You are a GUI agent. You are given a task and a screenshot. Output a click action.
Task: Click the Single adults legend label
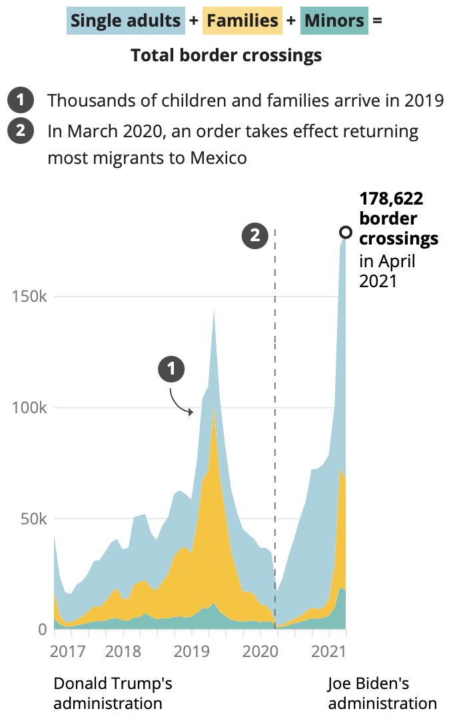(125, 21)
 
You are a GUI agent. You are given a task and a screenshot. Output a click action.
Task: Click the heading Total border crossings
(226, 55)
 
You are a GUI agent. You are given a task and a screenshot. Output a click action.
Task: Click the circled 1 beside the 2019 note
(21, 101)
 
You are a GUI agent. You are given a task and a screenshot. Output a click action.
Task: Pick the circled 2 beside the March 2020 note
(21, 131)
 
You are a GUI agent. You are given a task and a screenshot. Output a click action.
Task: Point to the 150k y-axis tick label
(29, 297)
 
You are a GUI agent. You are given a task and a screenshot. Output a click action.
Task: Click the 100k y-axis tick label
(29, 408)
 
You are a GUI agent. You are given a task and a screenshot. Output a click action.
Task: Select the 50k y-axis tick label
(33, 518)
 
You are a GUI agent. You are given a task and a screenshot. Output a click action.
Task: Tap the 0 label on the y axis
(41, 629)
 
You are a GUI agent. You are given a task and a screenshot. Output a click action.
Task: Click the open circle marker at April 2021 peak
(346, 233)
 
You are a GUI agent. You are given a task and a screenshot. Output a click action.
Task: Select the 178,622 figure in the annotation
(392, 198)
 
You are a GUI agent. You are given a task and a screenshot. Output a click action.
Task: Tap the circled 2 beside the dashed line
(254, 235)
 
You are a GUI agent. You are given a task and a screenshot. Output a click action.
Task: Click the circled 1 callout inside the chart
(171, 368)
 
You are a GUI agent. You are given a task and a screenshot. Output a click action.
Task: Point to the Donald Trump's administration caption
(113, 693)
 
